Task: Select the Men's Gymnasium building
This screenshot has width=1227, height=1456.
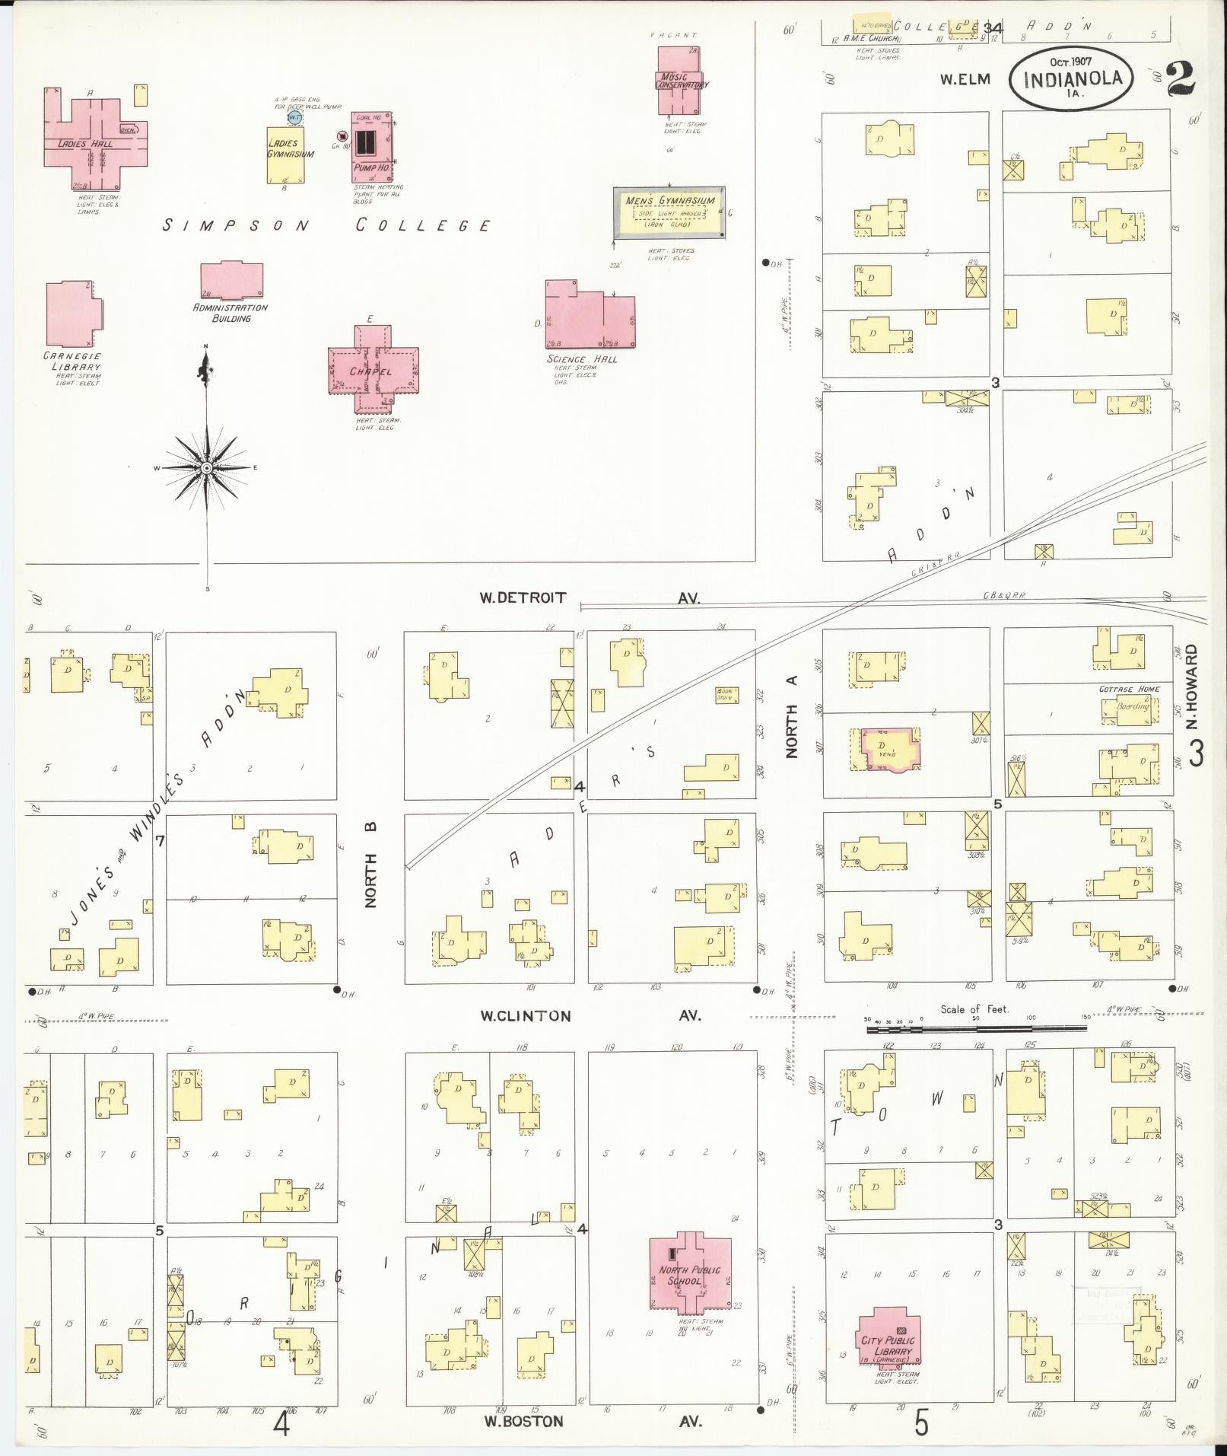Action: pyautogui.click(x=669, y=212)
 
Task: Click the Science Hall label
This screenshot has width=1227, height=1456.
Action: pyautogui.click(x=582, y=359)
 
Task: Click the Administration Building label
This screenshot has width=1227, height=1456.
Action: pyautogui.click(x=230, y=313)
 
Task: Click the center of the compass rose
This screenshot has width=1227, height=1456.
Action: pyautogui.click(x=205, y=467)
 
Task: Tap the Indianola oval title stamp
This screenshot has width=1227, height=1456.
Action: pyautogui.click(x=1071, y=78)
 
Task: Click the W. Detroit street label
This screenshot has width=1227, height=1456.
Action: pyautogui.click(x=522, y=597)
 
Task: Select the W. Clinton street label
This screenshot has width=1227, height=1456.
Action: pyautogui.click(x=524, y=1016)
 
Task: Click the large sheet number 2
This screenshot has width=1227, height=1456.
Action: pyautogui.click(x=1180, y=80)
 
